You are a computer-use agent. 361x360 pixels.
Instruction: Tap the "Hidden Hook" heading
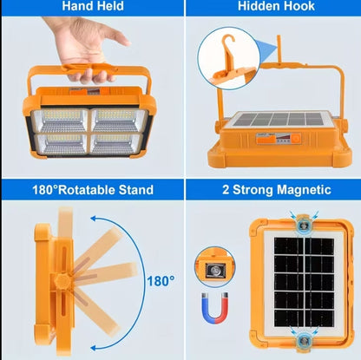(x=270, y=7)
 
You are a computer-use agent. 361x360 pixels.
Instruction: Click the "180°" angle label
(x=160, y=281)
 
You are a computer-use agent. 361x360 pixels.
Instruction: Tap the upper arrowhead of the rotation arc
(x=97, y=217)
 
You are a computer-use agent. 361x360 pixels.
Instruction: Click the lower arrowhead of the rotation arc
(x=99, y=340)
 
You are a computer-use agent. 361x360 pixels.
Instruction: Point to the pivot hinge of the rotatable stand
(x=62, y=280)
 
